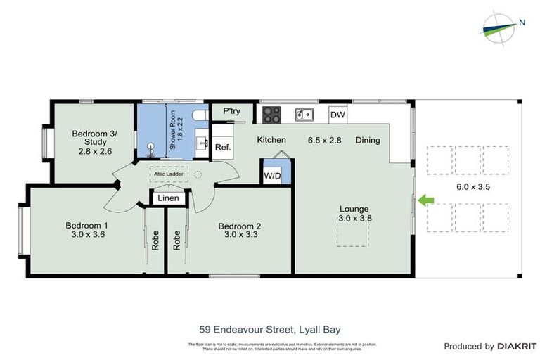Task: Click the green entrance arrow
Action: pos(426,201)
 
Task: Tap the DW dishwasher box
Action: pos(337,115)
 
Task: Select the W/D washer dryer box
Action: pos(271,175)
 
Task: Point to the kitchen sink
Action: pos(304,113)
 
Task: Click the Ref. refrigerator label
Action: pos(223,147)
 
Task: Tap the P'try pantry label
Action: pos(232,111)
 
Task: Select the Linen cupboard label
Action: pos(169,199)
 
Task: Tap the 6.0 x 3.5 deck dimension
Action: pos(472,187)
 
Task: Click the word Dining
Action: pos(367,140)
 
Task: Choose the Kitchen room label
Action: pos(271,140)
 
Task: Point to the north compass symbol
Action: pos(501,26)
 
